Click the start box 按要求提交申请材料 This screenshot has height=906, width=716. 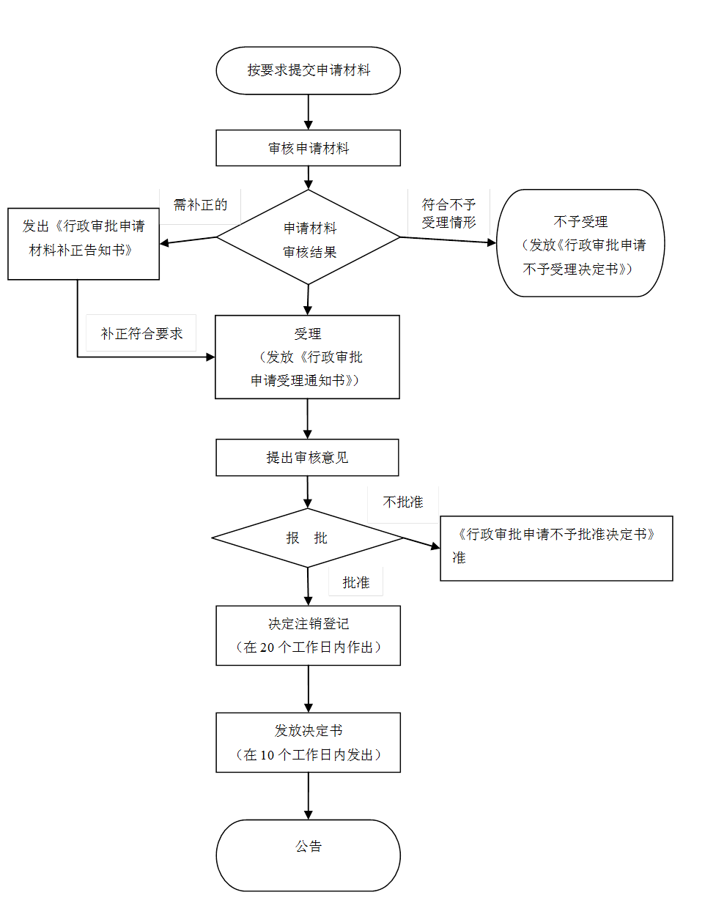(308, 70)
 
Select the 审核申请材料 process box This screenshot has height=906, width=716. (308, 148)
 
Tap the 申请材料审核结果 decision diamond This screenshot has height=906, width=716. (309, 237)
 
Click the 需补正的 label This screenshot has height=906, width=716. (200, 206)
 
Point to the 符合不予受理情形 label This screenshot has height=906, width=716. (449, 213)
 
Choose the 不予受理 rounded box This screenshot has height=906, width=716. (580, 244)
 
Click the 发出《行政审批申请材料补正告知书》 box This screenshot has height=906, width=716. (83, 243)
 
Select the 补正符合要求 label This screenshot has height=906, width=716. (141, 333)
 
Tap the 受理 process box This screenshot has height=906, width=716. (307, 357)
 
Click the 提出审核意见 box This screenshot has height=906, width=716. (307, 458)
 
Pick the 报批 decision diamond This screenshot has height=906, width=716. (307, 538)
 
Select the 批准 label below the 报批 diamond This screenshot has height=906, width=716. (355, 582)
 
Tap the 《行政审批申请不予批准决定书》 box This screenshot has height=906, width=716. (556, 548)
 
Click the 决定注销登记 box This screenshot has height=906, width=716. (308, 635)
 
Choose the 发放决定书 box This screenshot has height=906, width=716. (308, 742)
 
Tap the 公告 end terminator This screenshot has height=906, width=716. (308, 855)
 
